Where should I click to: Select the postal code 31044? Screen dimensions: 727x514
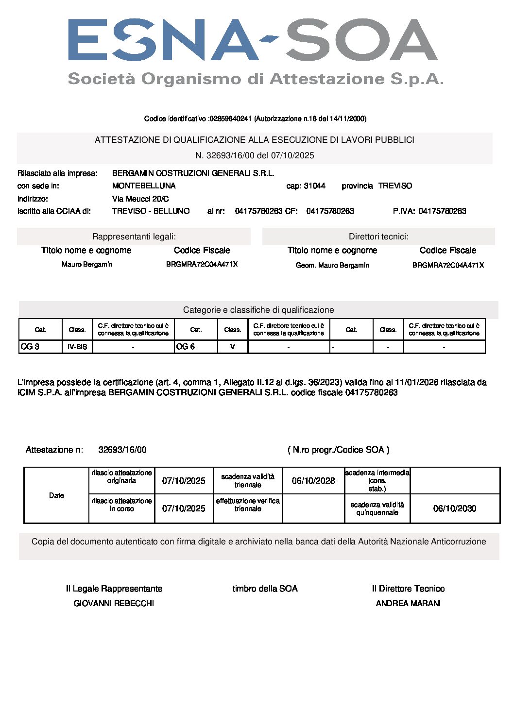point(314,186)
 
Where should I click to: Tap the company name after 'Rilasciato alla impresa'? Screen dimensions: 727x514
point(193,173)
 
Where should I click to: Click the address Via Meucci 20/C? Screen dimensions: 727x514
point(140,199)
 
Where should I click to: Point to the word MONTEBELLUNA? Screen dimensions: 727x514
point(144,186)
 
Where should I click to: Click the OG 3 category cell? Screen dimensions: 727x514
point(40,347)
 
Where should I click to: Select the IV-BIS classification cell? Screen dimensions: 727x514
point(77,347)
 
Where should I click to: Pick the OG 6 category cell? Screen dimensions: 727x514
point(196,347)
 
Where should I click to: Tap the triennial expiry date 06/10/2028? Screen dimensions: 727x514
point(313,481)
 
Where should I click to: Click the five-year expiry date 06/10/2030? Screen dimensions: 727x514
point(455,508)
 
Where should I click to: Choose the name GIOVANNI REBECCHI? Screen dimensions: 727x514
point(114,603)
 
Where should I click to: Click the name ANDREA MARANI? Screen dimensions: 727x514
point(408,603)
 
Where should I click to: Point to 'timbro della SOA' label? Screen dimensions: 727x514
point(265,589)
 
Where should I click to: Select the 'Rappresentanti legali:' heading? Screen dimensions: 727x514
point(134,237)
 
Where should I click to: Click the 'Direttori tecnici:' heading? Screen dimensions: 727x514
point(378,237)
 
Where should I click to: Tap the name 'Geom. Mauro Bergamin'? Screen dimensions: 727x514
point(332,265)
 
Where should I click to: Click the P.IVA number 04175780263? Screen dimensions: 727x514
point(442,211)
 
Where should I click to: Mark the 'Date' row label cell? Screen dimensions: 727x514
point(56,495)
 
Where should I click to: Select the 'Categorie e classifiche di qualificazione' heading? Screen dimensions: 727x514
point(258,310)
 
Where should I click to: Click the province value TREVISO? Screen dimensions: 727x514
point(395,186)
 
